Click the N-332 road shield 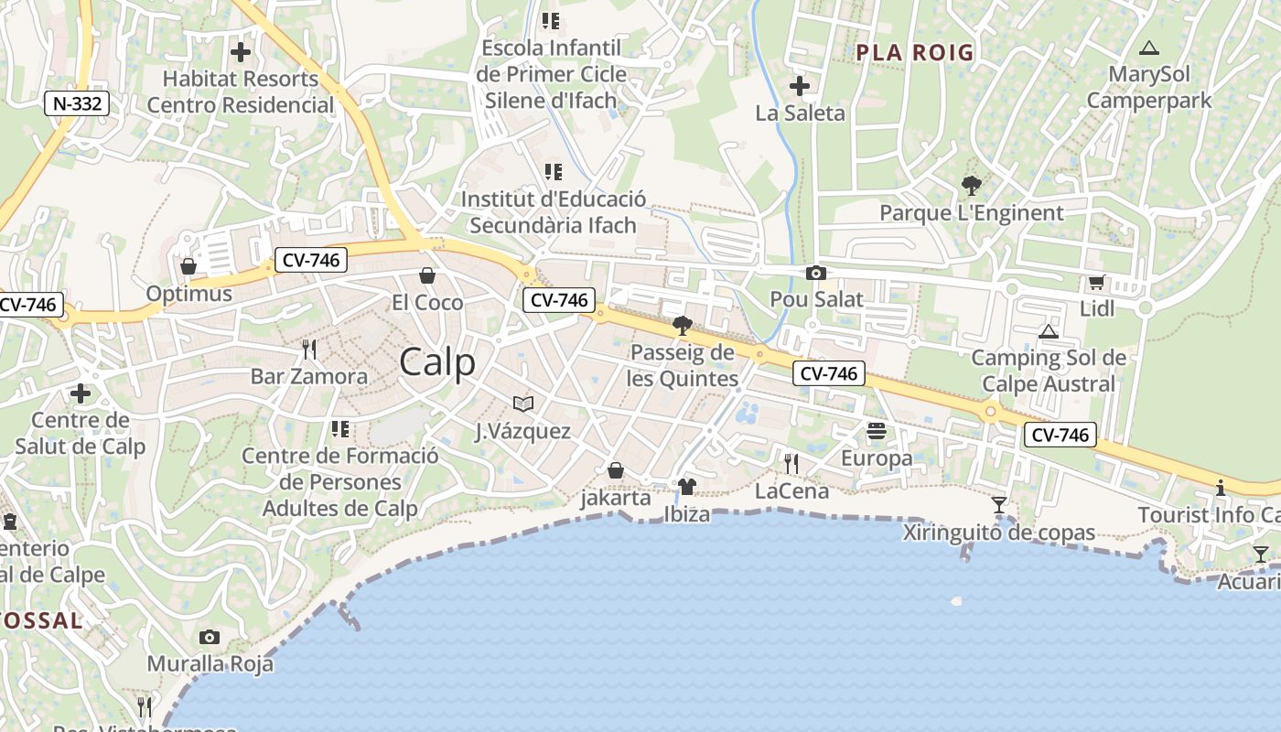pos(77,103)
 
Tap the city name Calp pos(437,362)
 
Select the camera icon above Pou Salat pos(816,273)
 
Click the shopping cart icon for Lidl pos(1097,282)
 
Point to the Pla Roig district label pos(915,52)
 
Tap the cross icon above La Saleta pos(800,86)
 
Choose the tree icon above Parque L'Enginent pos(972,186)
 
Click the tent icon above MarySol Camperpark pos(1149,48)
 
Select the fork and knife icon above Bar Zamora pos(309,349)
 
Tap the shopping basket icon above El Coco pos(427,275)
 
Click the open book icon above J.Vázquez pos(523,404)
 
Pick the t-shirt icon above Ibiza pos(687,487)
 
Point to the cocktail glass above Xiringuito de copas pos(999,505)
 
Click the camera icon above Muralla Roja pos(210,637)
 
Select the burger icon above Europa pos(877,430)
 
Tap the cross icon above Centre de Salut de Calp pos(81,393)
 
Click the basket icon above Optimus pos(188,266)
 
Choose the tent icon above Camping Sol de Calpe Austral pos(1049,330)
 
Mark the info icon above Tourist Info pos(1221,488)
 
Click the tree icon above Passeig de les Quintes pos(682,325)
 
